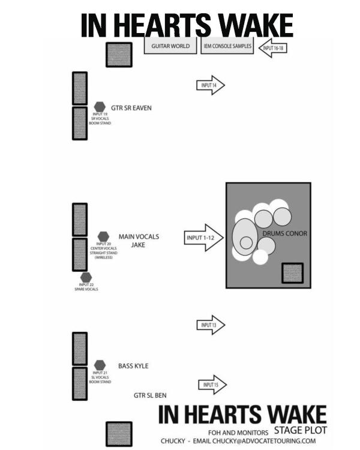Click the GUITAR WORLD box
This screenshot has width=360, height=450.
pos(171,46)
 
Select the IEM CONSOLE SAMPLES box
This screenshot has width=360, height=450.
pos(227,46)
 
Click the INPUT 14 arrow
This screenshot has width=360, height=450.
pos(211,86)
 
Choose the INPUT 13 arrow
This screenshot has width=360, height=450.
pos(211,325)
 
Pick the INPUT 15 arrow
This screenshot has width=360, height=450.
pos(212,385)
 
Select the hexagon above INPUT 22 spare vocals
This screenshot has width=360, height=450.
pos(86,277)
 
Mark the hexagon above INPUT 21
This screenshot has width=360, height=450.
pos(100,365)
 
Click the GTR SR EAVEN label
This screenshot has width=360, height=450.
pos(131,108)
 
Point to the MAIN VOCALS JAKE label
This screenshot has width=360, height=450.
pos(139,241)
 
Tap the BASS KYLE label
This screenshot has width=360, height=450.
pos(133,366)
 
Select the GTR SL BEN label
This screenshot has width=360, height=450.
pos(150,395)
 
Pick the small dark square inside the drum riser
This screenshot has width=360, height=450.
pos(292,272)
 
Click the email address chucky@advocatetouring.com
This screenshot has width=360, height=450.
pos(264,441)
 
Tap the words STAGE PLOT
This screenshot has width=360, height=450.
pos(300,430)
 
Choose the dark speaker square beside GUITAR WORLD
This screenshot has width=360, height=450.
pos(119,54)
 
